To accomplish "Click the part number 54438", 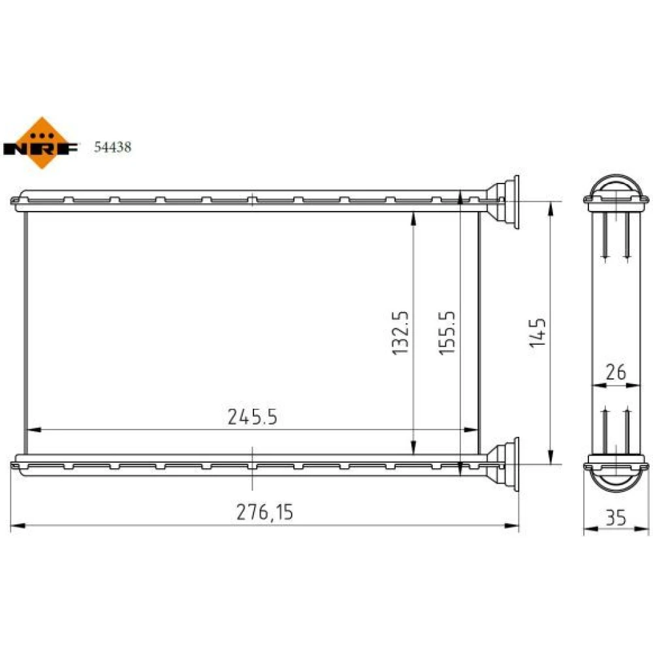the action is click(112, 147).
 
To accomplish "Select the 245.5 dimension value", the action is click(252, 417).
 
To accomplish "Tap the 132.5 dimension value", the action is click(401, 333).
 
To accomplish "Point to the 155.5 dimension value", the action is click(447, 333).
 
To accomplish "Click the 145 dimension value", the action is click(537, 333).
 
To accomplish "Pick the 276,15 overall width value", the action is click(265, 512).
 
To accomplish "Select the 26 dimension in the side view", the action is click(616, 372).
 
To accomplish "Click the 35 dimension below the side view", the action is click(616, 518).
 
